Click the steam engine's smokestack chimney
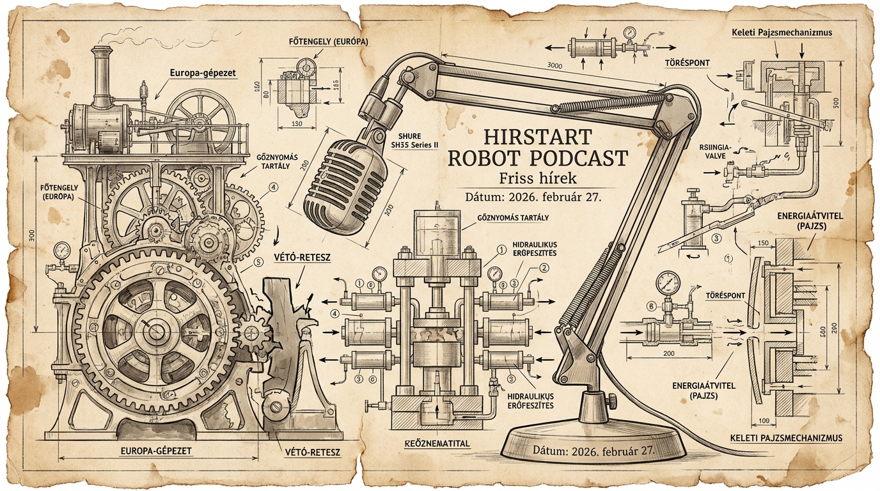101,74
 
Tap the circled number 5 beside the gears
258,261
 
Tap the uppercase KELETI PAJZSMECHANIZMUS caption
785,439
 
